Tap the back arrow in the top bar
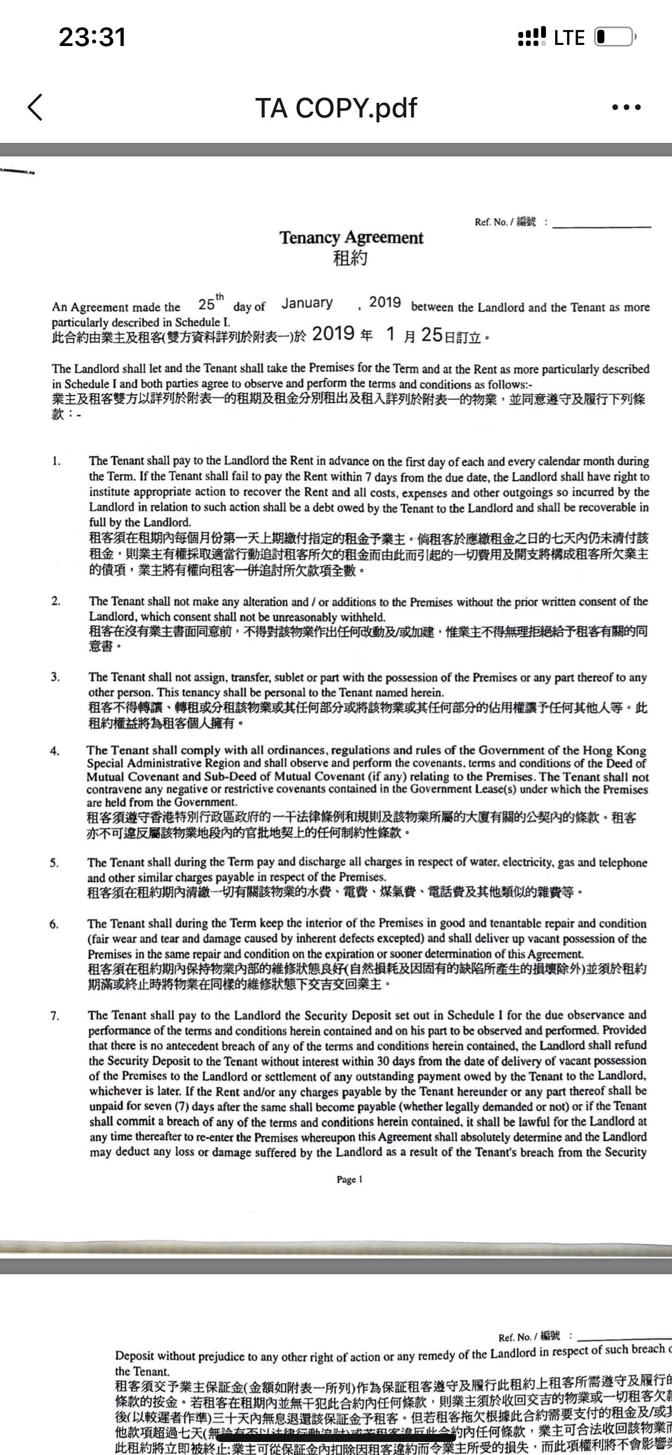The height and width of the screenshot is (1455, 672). pyautogui.click(x=35, y=107)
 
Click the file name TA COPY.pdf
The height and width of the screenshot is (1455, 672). pyautogui.click(x=336, y=108)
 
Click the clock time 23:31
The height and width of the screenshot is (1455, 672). pyautogui.click(x=92, y=37)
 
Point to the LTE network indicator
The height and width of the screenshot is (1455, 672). pyautogui.click(x=569, y=38)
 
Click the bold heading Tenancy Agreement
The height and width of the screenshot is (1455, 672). pyautogui.click(x=351, y=238)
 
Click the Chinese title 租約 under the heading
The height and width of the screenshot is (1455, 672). pyautogui.click(x=351, y=259)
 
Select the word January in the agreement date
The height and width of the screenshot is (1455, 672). pyautogui.click(x=307, y=303)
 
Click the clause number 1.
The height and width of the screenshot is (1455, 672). pyautogui.click(x=56, y=461)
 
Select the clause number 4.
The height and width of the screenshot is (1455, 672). pyautogui.click(x=54, y=751)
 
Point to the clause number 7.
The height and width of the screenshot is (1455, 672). pyautogui.click(x=55, y=1015)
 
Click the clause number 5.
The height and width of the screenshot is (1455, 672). pyautogui.click(x=54, y=862)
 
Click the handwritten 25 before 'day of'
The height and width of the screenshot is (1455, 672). pyautogui.click(x=207, y=304)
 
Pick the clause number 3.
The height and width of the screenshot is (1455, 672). pyautogui.click(x=55, y=677)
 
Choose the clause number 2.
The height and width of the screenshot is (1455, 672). pyautogui.click(x=56, y=601)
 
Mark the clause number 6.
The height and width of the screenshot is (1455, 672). pyautogui.click(x=54, y=924)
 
